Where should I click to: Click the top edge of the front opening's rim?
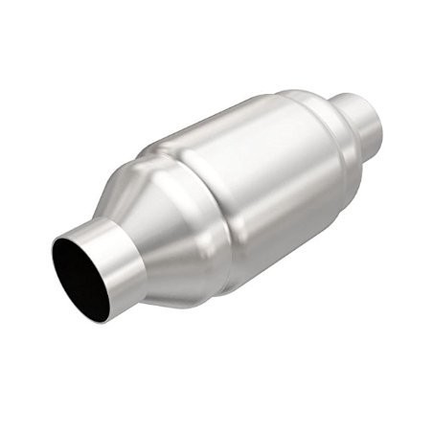(73, 233)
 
